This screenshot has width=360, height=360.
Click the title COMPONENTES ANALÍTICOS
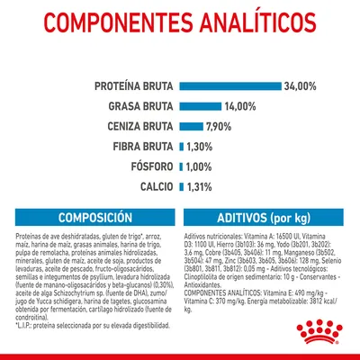[x=180, y=27]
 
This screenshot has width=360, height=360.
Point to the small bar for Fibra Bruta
[x=182, y=146]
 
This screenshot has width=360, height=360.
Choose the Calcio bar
[x=182, y=185]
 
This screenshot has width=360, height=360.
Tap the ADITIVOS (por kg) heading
[x=269, y=219]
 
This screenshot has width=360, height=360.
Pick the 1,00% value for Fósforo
[x=199, y=166]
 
